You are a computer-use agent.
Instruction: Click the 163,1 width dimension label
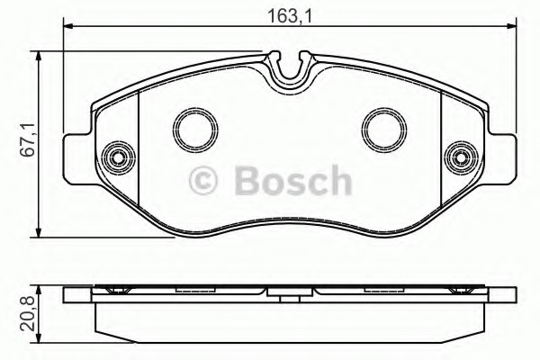290,15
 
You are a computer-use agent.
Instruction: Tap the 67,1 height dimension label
27,139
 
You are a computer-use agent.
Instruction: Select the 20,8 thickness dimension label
27,313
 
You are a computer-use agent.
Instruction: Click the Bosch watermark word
293,180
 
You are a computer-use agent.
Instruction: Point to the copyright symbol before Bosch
203,180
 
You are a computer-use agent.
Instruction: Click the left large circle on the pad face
195,130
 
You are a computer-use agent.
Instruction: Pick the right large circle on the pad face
384,130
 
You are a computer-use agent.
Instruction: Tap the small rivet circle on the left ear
119,158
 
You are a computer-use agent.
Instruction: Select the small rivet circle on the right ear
461,158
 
